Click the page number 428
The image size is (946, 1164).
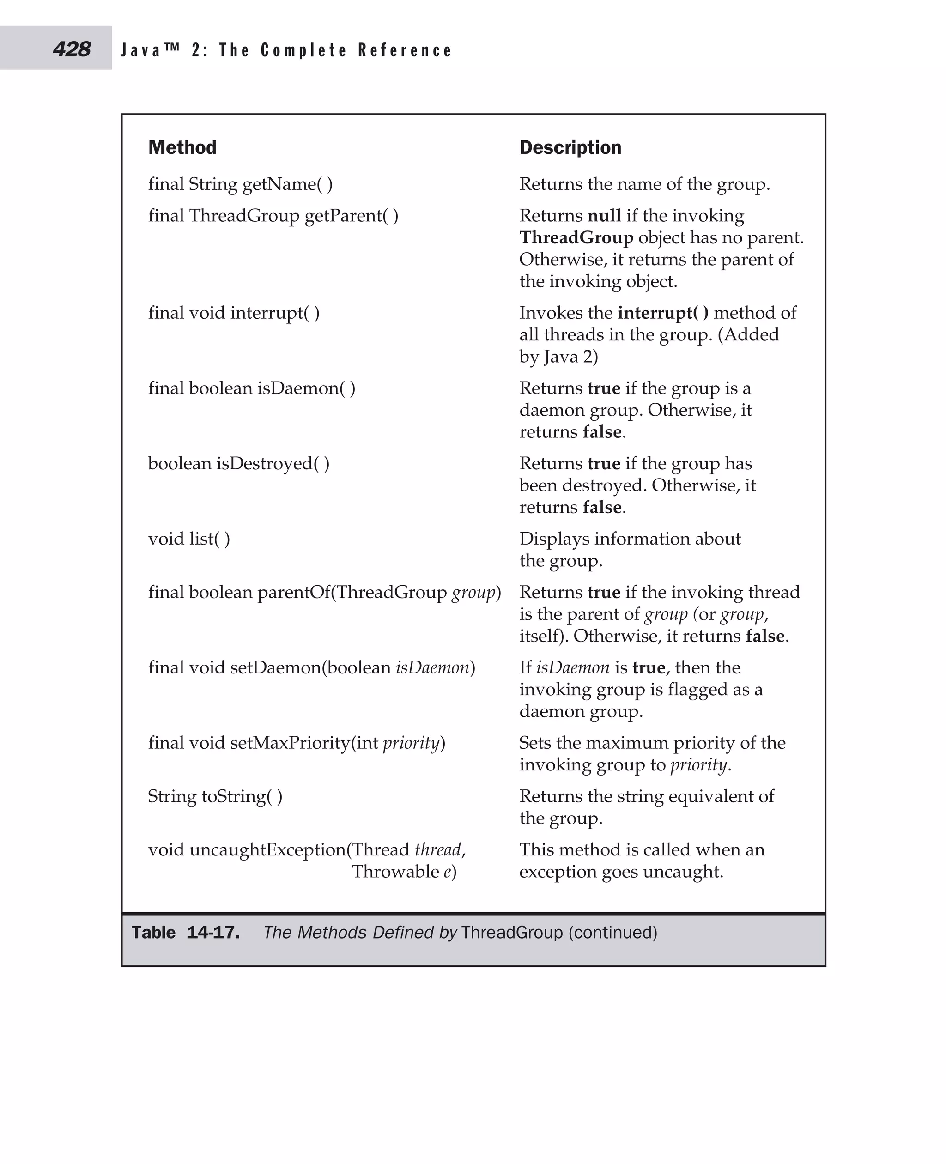point(72,49)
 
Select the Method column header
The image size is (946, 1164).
point(182,147)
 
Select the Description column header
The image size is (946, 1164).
point(570,147)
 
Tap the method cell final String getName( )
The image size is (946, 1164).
point(240,184)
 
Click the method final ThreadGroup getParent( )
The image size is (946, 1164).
point(273,216)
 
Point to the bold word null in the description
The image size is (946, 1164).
point(604,216)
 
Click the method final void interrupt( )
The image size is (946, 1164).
point(234,313)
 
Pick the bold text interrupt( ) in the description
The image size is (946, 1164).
point(663,313)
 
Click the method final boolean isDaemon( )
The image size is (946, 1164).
point(252,388)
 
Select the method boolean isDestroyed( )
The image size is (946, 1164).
point(239,463)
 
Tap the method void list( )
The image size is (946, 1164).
point(189,539)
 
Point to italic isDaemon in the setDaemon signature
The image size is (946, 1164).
point(432,667)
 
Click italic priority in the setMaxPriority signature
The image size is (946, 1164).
point(411,743)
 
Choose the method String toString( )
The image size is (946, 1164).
point(215,796)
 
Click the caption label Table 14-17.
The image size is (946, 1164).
point(185,933)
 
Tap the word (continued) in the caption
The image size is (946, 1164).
point(612,933)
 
